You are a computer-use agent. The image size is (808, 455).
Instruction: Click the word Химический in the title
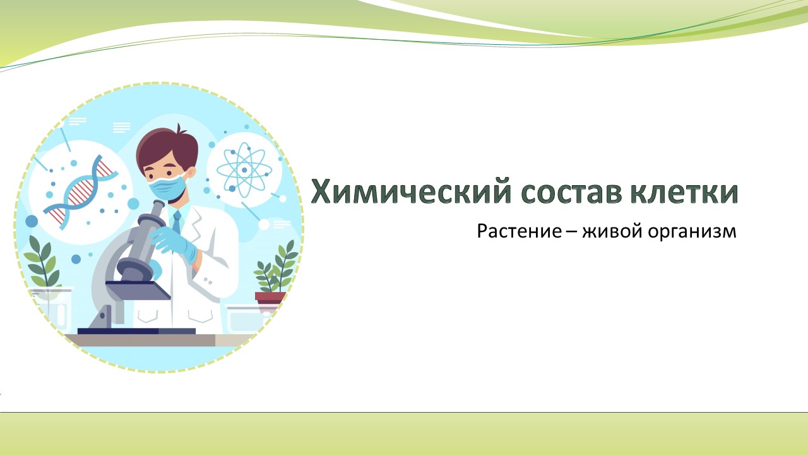coord(411,191)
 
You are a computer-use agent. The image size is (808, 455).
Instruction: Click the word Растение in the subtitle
coord(519,231)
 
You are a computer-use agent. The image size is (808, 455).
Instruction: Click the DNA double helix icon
coord(80,191)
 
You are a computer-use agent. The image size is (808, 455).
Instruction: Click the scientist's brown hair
coord(166,149)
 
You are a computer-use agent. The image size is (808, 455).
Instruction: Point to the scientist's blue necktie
coord(177,222)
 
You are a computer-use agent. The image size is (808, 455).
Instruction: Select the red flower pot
coord(270,298)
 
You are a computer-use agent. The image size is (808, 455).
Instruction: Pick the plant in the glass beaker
coord(42,262)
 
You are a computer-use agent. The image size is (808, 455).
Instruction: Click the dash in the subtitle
coord(572,232)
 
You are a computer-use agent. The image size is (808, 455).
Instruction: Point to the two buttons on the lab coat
coord(208,279)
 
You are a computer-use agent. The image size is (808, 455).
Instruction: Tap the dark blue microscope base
coord(136,331)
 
